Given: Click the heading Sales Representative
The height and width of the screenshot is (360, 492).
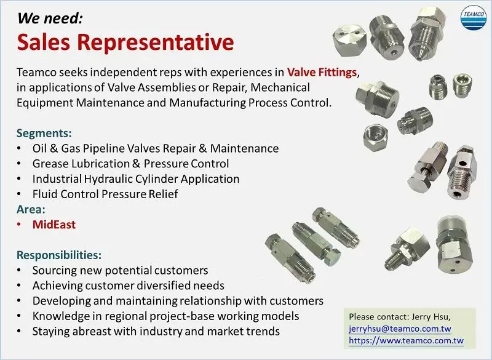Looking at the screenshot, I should pyautogui.click(x=125, y=42).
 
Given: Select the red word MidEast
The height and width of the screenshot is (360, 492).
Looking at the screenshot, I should pyautogui.click(x=54, y=225).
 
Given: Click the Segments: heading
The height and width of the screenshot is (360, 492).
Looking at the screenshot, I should pyautogui.click(x=44, y=133).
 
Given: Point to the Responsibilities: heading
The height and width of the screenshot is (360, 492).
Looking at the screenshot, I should pyautogui.click(x=59, y=255).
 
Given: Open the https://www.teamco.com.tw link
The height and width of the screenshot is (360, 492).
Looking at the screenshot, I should pyautogui.click(x=406, y=340).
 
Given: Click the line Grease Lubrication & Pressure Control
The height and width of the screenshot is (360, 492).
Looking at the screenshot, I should pyautogui.click(x=130, y=164).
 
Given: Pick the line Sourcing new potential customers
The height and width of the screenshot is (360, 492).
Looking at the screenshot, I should pyautogui.click(x=120, y=270).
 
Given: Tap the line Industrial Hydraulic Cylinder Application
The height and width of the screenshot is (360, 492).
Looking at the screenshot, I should pyautogui.click(x=136, y=179).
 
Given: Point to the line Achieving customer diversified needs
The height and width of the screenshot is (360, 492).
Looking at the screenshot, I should pyautogui.click(x=128, y=286).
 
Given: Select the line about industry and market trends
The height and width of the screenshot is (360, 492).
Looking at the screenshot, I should pyautogui.click(x=156, y=331).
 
